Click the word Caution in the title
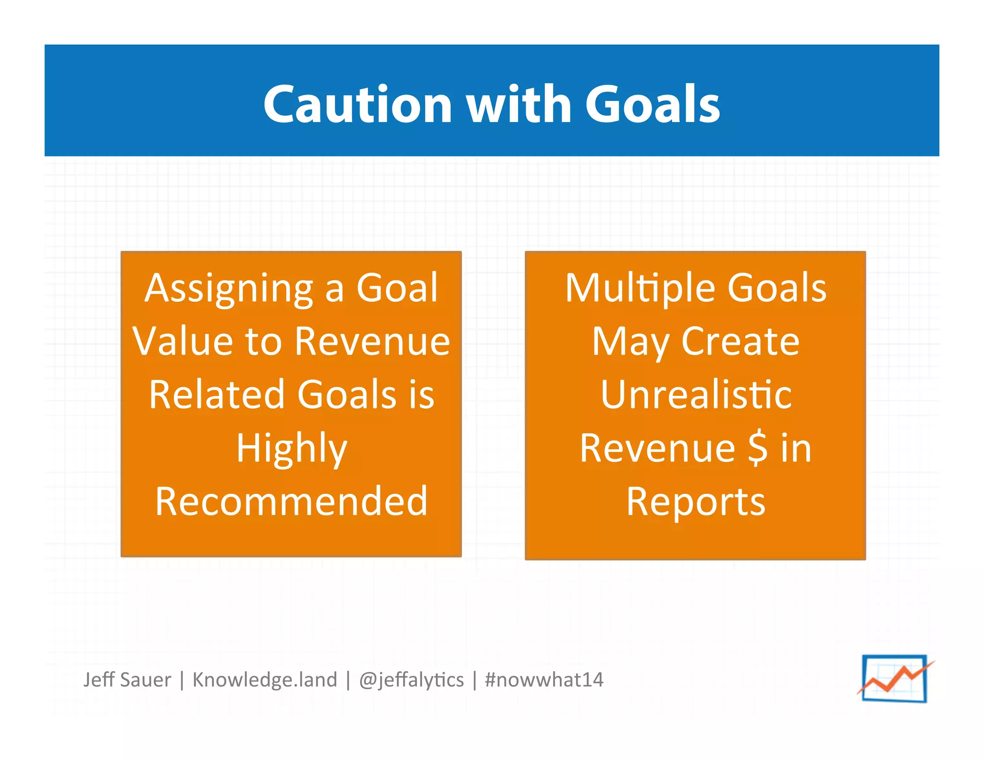pyautogui.click(x=357, y=105)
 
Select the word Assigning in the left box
pyautogui.click(x=229, y=289)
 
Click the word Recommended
pyautogui.click(x=291, y=502)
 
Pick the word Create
pyautogui.click(x=740, y=341)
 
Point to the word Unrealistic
pyautogui.click(x=696, y=394)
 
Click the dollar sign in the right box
pyautogui.click(x=758, y=448)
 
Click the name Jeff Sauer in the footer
pyautogui.click(x=127, y=680)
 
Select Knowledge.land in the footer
pyautogui.click(x=265, y=680)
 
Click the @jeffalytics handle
pyautogui.click(x=411, y=680)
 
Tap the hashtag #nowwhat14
pyautogui.click(x=544, y=680)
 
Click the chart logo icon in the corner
pyautogui.click(x=895, y=678)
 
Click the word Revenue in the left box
pyautogui.click(x=372, y=341)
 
